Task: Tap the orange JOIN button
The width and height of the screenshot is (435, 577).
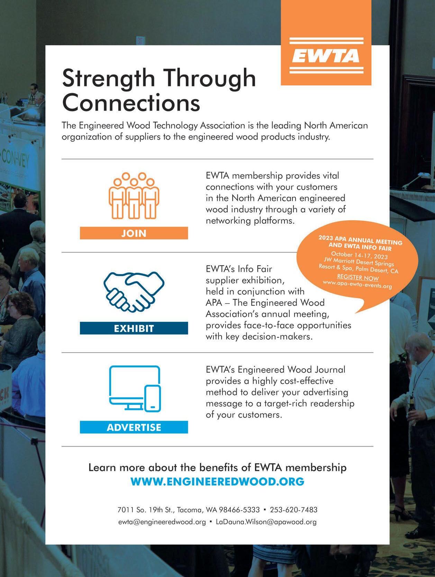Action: click(x=134, y=233)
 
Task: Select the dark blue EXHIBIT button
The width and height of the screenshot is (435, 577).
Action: click(x=134, y=328)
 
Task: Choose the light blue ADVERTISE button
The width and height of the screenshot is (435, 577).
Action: click(x=134, y=427)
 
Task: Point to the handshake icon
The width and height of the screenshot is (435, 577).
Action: click(x=134, y=291)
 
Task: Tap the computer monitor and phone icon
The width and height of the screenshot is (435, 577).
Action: click(x=135, y=388)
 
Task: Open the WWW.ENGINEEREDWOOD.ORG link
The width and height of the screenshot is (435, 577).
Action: click(x=217, y=481)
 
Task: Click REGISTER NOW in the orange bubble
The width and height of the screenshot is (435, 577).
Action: click(x=358, y=278)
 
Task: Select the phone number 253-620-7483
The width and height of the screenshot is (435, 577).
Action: click(x=293, y=510)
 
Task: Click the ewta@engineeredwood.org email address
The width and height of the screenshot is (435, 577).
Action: click(x=162, y=522)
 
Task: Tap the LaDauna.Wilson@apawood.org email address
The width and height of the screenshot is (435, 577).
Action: click(x=266, y=522)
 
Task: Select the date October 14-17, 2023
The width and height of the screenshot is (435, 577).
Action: click(x=359, y=255)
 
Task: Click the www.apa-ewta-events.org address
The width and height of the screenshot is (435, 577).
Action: click(x=357, y=285)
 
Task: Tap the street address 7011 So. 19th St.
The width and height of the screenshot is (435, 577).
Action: click(x=146, y=510)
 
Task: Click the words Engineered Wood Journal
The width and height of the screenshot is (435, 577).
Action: click(x=291, y=370)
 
